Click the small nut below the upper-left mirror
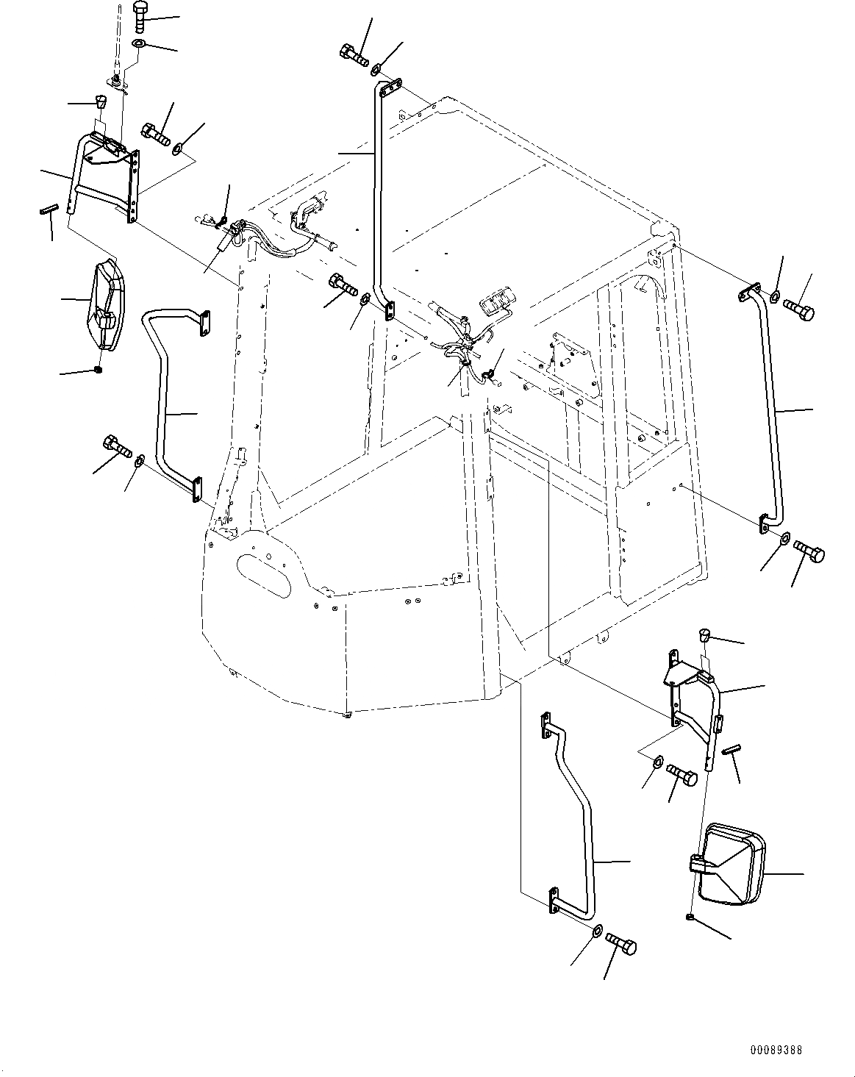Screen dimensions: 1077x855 [99, 370]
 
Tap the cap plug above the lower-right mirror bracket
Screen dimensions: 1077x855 [704, 634]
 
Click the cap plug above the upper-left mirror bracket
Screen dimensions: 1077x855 [101, 101]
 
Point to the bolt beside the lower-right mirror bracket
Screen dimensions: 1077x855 [682, 774]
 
